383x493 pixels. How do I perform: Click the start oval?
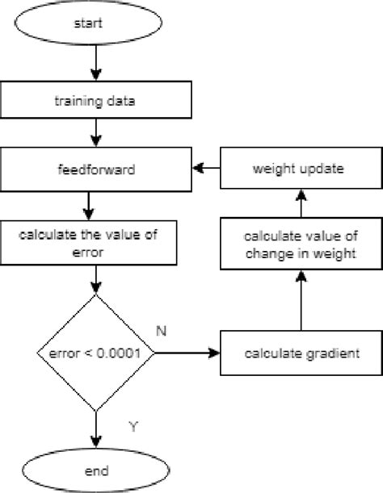(x=96, y=25)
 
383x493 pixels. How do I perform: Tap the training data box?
(x=96, y=102)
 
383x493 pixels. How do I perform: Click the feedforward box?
(x=96, y=169)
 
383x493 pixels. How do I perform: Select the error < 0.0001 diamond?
(x=96, y=353)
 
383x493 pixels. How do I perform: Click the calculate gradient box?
(x=301, y=353)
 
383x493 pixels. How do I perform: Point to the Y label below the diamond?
(x=133, y=425)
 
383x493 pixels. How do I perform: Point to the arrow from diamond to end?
(x=96, y=428)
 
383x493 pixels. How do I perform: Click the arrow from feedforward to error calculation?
(x=96, y=206)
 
